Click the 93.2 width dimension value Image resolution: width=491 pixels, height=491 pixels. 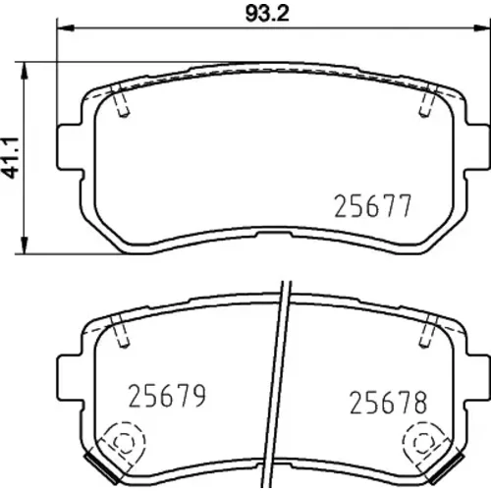(267, 14)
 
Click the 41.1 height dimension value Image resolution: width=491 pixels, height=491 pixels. (13, 158)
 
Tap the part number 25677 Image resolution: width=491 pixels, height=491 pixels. (372, 206)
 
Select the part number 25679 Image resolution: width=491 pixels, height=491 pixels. (167, 396)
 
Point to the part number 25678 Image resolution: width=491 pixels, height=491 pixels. (389, 403)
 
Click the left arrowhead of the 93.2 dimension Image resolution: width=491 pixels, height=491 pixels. (66, 28)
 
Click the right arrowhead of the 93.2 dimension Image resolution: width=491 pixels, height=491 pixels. (480, 28)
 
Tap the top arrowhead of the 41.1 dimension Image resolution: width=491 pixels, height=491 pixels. (24, 72)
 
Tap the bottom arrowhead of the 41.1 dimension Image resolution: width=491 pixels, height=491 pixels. (24, 244)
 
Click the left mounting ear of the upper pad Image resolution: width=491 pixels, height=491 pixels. (70, 147)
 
